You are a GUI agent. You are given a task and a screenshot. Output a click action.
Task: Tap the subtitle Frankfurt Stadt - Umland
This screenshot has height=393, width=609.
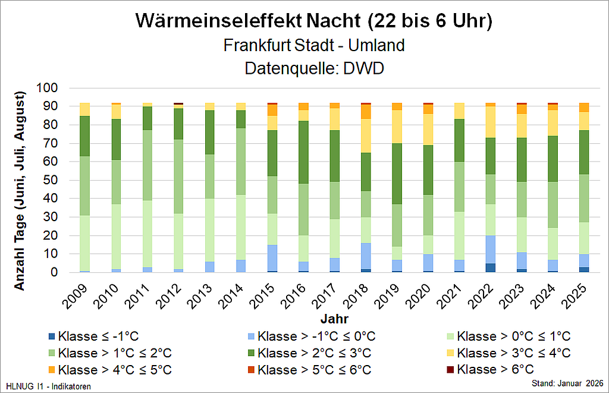[x=314, y=45]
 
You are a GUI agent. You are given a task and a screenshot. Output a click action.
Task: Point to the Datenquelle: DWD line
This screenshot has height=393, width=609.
[x=314, y=68]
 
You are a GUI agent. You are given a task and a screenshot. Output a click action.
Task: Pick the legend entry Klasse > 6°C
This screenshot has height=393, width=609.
[x=496, y=369]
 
